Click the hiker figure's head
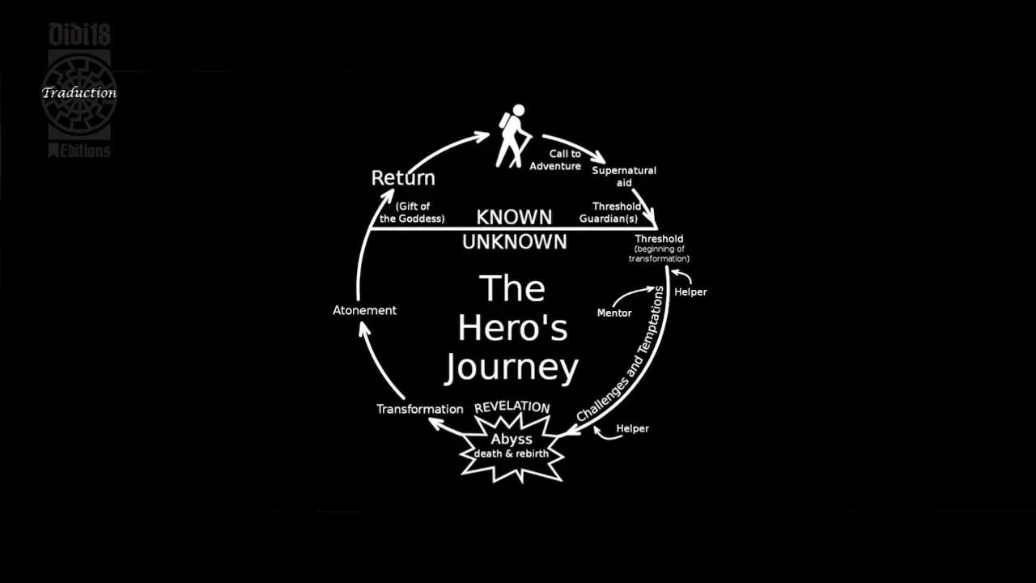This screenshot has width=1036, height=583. coord(519,110)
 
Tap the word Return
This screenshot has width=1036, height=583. coord(403,178)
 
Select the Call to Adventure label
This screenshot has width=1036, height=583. coord(555,160)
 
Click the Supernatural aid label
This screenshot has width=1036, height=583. coord(624,177)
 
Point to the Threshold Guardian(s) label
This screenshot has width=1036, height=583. coord(610,212)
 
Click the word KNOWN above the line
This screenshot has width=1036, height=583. coord(514,218)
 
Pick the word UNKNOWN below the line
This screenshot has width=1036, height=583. coord(514,242)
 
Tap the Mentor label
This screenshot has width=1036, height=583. coord(614,313)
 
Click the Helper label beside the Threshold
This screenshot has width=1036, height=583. coord(690,292)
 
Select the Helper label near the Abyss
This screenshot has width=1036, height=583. coord(632,428)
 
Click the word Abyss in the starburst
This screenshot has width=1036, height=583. coord(512,439)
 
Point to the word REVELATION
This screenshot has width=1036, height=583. coord(512,407)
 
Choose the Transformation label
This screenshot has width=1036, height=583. coord(419,409)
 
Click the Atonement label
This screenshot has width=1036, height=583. coord(364,310)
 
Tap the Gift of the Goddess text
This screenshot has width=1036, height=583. coord(412,212)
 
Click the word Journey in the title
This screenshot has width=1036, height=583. coord(512,368)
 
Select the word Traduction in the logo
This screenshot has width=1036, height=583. coord(79,92)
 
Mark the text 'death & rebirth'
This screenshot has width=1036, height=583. coord(512,453)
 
